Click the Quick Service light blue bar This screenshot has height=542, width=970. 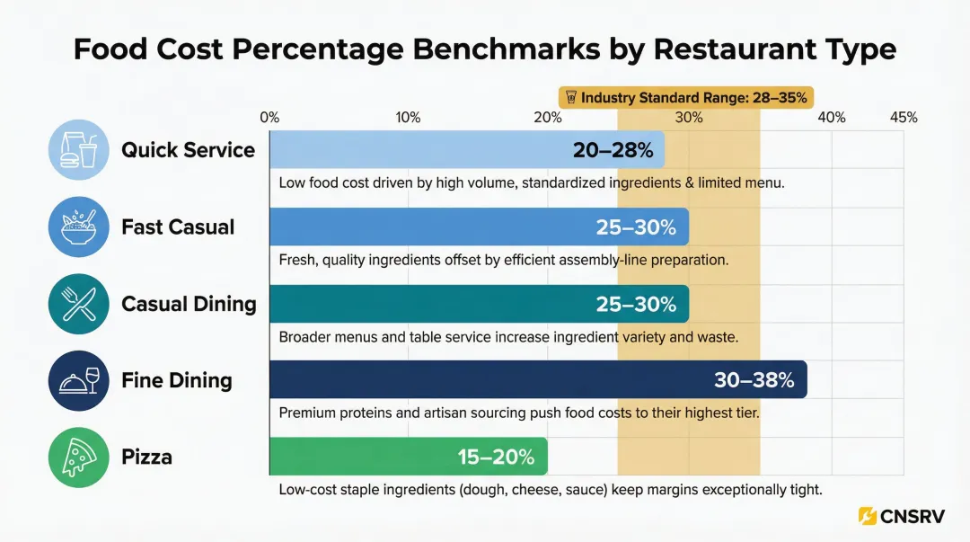(422, 149)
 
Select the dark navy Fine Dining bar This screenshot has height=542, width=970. (485, 379)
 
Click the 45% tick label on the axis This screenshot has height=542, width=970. (903, 118)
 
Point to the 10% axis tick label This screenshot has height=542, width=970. (409, 118)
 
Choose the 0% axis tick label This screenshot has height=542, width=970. (269, 118)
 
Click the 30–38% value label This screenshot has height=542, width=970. (754, 380)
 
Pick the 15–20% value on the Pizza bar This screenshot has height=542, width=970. (496, 457)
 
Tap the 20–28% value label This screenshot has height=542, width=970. (613, 150)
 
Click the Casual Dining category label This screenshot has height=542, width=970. (189, 304)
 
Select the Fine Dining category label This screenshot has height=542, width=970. (177, 380)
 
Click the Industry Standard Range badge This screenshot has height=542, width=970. (686, 97)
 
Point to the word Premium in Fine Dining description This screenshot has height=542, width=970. (307, 413)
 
